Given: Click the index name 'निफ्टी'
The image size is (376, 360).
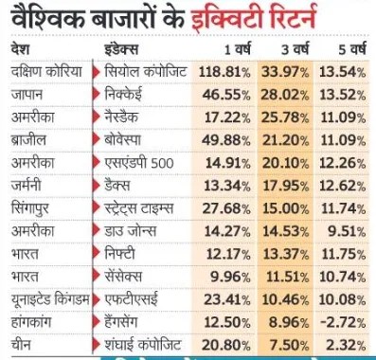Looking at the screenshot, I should pyautogui.click(x=127, y=255).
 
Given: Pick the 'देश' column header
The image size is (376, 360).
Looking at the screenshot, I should pyautogui.click(x=20, y=47).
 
